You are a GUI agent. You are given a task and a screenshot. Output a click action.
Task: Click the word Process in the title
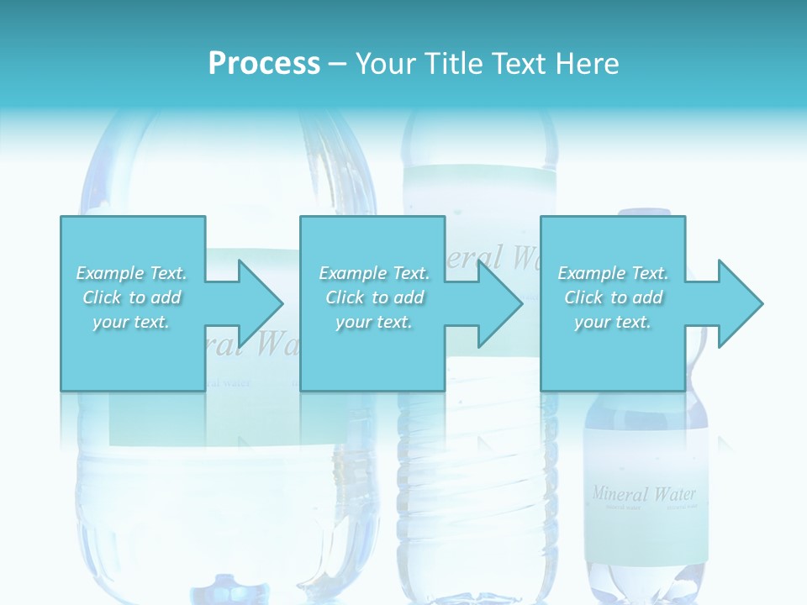coord(264,64)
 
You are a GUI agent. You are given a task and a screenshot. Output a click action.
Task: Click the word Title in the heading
coord(455,64)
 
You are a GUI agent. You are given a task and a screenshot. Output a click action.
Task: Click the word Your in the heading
coord(386,64)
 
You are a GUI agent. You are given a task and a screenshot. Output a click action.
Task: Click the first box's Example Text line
coord(132,273)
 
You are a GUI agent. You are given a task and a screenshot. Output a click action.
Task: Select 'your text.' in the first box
coord(132,322)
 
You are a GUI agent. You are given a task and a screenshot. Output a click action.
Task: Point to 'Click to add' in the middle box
coord(374,297)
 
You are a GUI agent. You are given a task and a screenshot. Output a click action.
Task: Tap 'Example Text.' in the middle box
coord(374,273)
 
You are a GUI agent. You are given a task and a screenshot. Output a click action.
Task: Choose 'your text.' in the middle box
coord(374,322)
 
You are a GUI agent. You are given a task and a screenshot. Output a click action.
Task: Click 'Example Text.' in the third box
coord(613,273)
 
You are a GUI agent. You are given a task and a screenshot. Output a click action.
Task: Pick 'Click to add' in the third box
coord(613,297)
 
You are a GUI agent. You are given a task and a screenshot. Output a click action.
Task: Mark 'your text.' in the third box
coord(613,322)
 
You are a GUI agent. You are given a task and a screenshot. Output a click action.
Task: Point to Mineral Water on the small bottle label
coord(644,493)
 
